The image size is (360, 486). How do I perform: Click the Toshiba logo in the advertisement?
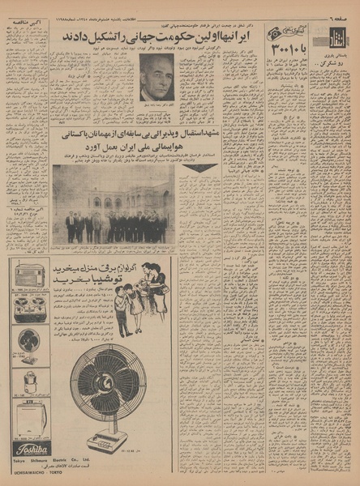[31, 448]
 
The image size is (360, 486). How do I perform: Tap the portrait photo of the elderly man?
[157, 77]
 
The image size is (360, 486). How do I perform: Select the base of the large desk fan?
[108, 442]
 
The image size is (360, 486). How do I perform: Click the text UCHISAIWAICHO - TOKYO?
[31, 474]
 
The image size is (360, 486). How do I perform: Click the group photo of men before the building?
[113, 204]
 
